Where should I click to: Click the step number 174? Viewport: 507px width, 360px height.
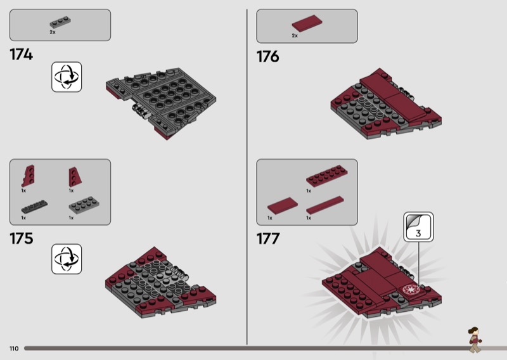pos(22,55)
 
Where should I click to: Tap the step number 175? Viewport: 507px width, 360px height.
pos(22,238)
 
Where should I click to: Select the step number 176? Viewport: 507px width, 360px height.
pos(267,56)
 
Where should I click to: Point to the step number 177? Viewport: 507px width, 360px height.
pos(268,239)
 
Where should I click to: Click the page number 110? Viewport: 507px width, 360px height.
pos(14,349)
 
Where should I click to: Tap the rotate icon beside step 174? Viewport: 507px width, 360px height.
pos(67,77)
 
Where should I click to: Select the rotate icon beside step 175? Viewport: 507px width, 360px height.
pos(67,259)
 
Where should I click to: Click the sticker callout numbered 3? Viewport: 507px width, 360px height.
pos(418,227)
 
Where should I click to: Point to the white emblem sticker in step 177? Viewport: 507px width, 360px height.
pos(411,289)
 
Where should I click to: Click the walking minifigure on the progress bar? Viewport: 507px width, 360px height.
pos(475,340)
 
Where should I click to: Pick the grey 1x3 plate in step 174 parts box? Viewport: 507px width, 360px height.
pos(60,22)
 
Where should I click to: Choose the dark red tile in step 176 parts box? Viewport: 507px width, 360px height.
pos(307,23)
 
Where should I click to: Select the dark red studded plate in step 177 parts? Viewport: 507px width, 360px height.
pos(327,176)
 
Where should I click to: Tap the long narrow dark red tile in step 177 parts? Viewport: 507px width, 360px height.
pos(325,205)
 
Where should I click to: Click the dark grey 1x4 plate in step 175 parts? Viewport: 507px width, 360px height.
pos(34,207)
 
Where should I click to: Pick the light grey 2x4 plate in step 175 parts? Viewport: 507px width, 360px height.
pos(84,205)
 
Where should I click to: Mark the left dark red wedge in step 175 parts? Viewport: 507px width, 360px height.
pos(28,176)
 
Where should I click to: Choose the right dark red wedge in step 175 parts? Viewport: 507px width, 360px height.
pos(75,177)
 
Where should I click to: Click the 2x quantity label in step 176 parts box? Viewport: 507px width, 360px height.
pos(295,35)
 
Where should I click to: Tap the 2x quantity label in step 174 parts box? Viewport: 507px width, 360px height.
pos(53,32)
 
